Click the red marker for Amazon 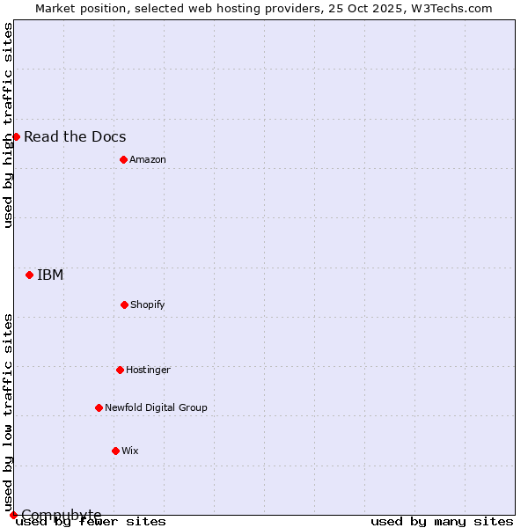tap(123, 159)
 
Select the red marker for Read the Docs tap(16, 136)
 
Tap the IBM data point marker tap(29, 275)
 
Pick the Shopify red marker tap(124, 304)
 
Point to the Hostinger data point tap(120, 370)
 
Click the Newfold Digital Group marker tap(99, 407)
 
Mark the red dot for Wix tap(115, 451)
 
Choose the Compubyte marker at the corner tap(13, 515)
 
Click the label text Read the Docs tap(75, 136)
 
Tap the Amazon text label tap(148, 159)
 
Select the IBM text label tap(50, 275)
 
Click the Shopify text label tap(148, 304)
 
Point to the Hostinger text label tap(148, 370)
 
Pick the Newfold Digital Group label tap(156, 407)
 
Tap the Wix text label tap(130, 451)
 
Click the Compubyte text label tap(62, 514)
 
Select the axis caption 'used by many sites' tap(442, 521)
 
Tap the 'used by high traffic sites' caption tap(8, 125)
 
